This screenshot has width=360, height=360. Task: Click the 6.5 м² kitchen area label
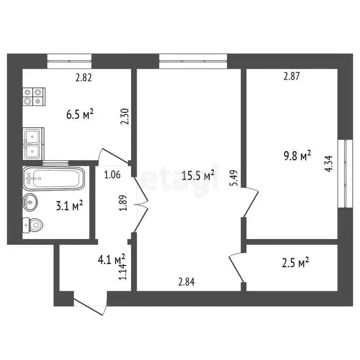[80, 114]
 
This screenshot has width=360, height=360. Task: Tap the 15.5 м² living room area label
[198, 176]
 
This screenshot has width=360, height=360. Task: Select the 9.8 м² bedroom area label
[298, 156]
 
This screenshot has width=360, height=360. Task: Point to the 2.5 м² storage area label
[295, 263]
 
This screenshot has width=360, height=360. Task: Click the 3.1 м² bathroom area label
[69, 205]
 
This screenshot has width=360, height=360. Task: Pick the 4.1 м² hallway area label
[111, 260]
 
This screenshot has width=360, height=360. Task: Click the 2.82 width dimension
[84, 78]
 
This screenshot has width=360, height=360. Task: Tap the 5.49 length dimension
[235, 178]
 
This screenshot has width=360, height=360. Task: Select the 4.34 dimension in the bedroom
[328, 164]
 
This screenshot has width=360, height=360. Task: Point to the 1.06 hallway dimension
[112, 175]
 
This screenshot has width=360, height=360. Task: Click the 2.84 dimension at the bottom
[186, 282]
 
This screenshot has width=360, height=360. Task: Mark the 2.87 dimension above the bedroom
[291, 76]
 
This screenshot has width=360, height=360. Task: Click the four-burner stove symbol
[34, 96]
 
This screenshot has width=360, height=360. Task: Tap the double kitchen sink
[33, 144]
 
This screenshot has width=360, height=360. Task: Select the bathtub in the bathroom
[53, 179]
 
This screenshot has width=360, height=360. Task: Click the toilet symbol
[33, 225]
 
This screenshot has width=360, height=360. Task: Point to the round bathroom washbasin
[30, 202]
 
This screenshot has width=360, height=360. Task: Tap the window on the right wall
[345, 173]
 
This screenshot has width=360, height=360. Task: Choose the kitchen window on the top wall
[69, 61]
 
